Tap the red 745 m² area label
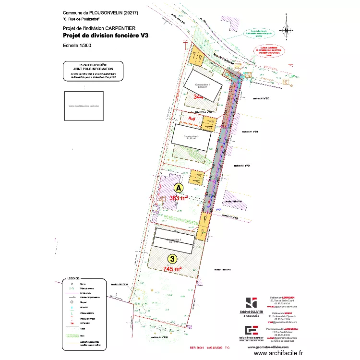[172, 269]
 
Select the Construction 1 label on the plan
[203, 84]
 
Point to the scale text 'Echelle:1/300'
[77, 46]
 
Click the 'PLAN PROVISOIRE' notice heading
[93, 64]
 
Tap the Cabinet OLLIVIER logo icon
[251, 303]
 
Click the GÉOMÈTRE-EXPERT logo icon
[251, 330]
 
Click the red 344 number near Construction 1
[198, 96]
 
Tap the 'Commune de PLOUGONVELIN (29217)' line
[99, 12]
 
